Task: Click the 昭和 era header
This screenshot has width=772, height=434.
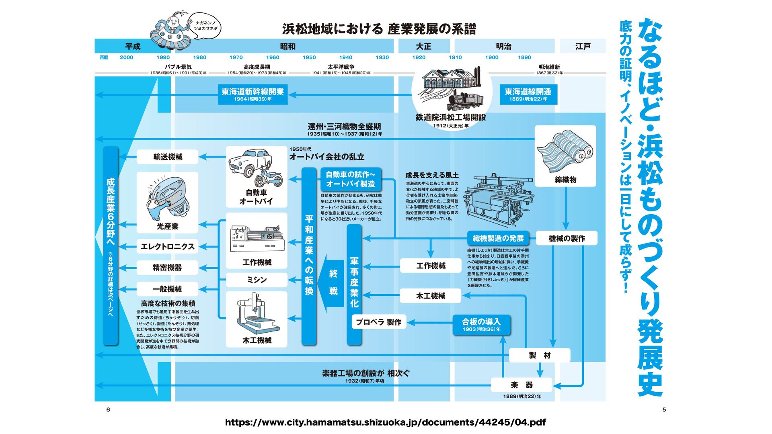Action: (287, 46)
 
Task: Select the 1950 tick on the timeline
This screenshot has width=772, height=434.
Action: (309, 57)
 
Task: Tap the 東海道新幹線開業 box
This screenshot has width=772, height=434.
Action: (253, 94)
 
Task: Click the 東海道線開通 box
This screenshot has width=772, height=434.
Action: (528, 94)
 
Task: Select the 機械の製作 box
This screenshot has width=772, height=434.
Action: (567, 238)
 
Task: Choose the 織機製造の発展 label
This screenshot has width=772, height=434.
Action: (498, 238)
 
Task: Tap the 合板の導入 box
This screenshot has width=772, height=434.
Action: (481, 325)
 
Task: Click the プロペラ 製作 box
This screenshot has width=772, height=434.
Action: (378, 322)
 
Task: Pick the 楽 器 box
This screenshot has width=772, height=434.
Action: (522, 385)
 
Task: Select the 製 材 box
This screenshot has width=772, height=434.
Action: (539, 355)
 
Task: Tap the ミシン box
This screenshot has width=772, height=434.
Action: (257, 280)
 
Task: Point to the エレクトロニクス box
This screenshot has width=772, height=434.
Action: (167, 246)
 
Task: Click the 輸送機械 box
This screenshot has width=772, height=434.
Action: (167, 157)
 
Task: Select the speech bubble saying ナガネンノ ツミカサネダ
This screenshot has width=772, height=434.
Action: (206, 26)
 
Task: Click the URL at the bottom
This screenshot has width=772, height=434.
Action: (385, 422)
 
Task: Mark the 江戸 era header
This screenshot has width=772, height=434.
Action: (583, 46)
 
